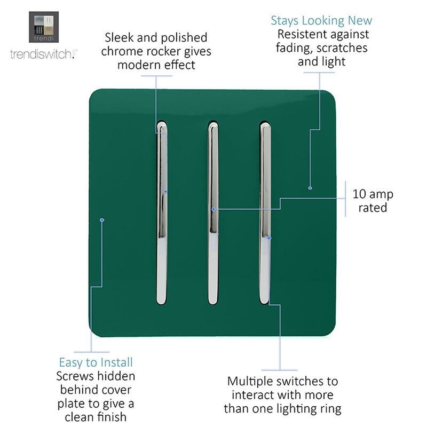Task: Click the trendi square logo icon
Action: pyautogui.click(x=44, y=27)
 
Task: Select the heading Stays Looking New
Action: pyautogui.click(x=321, y=21)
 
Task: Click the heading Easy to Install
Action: pyautogui.click(x=96, y=362)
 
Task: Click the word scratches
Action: pyautogui.click(x=342, y=48)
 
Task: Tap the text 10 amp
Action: pyautogui.click(x=373, y=194)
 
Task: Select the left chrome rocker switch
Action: pyautogui.click(x=162, y=213)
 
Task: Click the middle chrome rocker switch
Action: pyautogui.click(x=213, y=213)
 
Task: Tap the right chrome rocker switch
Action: pyautogui.click(x=265, y=213)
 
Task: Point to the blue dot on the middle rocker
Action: pyautogui.click(x=213, y=209)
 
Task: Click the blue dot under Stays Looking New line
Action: pyautogui.click(x=310, y=188)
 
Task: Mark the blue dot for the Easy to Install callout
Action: pyautogui.click(x=102, y=220)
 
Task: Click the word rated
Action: pyautogui.click(x=373, y=208)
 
